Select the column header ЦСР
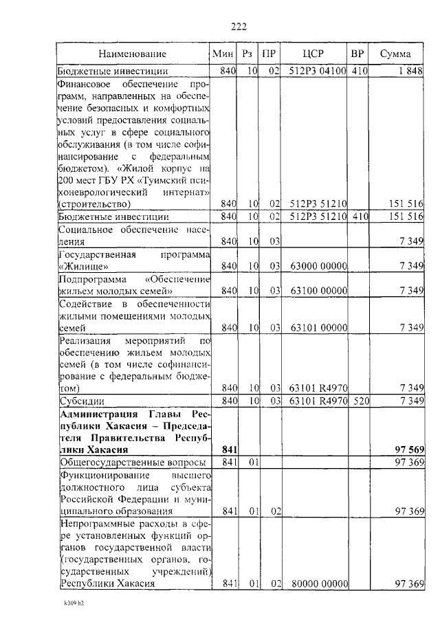[313, 54]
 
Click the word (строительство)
[94, 204]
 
